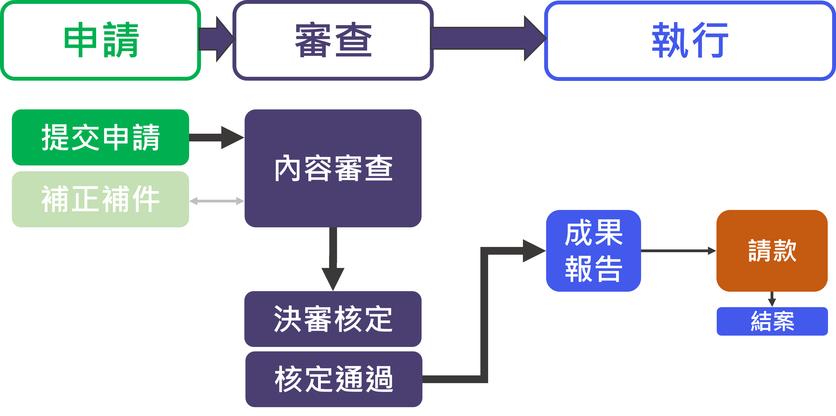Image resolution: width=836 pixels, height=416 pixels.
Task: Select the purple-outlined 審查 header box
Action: tap(333, 41)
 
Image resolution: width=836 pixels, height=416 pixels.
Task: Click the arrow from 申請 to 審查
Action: tap(216, 39)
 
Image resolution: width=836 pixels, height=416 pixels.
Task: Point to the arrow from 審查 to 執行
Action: tap(487, 38)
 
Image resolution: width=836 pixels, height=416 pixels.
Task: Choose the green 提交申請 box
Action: tap(100, 137)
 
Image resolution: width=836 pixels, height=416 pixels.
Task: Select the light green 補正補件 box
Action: tap(100, 199)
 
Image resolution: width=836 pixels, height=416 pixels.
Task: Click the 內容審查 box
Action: tap(333, 168)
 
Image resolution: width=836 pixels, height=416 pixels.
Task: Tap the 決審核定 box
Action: tap(333, 319)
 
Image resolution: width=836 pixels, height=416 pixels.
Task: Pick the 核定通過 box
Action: tap(334, 379)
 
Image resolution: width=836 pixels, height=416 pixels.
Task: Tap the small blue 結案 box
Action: tap(772, 321)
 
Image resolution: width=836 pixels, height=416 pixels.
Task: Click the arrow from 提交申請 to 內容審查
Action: tap(216, 137)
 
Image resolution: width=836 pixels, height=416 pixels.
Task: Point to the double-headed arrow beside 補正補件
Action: tap(216, 201)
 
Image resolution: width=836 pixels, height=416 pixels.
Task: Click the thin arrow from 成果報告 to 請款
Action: tap(678, 251)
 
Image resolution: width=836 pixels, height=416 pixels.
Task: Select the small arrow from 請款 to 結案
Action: tap(772, 299)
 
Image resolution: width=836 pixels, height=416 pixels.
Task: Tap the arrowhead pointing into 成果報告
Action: tap(534, 251)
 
